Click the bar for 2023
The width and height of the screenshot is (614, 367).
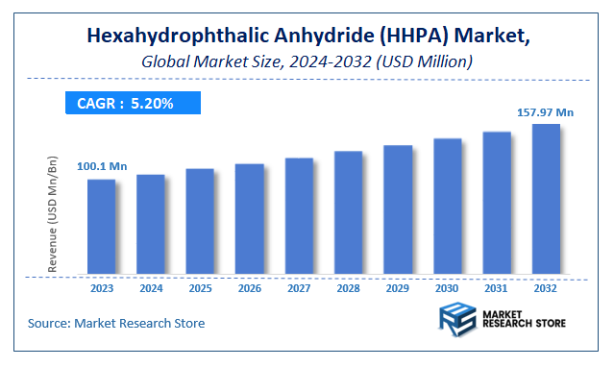tap(102, 227)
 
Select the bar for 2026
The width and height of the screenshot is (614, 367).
tap(250, 219)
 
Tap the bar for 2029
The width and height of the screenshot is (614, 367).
tap(398, 209)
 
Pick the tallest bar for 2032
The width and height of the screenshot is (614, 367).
tap(546, 199)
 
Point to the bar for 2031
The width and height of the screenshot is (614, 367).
tap(497, 203)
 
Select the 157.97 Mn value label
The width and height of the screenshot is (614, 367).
tap(545, 112)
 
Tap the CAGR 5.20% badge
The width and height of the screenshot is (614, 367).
tap(133, 103)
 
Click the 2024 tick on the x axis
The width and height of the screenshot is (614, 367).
tap(151, 287)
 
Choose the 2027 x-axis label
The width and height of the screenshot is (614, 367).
tap(299, 287)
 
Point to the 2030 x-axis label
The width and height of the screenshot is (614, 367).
tap(447, 287)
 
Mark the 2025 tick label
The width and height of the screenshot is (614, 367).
tap(200, 287)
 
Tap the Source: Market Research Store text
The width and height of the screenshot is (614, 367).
tap(116, 322)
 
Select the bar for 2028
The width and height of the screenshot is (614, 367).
tap(348, 212)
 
